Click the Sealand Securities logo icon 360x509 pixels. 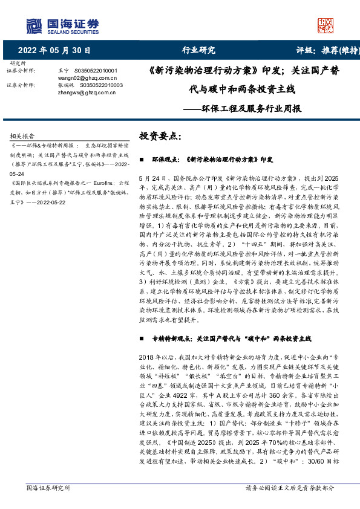[x=34, y=25]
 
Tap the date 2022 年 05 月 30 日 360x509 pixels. [x=55, y=50]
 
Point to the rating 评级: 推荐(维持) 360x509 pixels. [x=324, y=50]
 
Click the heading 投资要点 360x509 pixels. [x=160, y=136]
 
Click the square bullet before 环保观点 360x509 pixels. [x=141, y=161]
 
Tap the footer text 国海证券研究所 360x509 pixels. [x=48, y=487]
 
